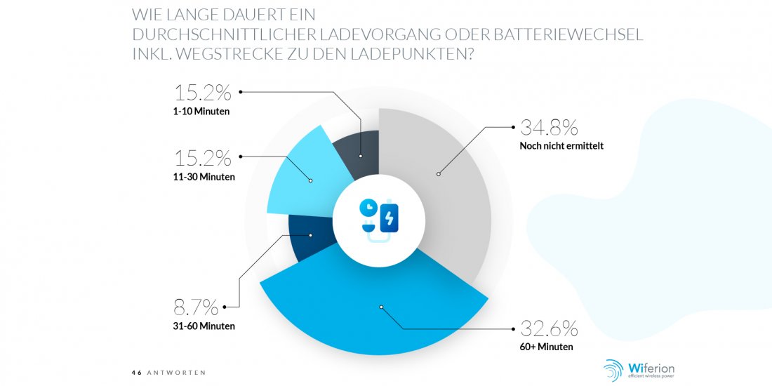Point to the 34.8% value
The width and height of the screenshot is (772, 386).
[x=549, y=128]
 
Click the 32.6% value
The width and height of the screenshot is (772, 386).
[x=549, y=328]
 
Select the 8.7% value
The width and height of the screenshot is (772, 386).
[x=196, y=308]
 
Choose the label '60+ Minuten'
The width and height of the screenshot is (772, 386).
[x=547, y=347]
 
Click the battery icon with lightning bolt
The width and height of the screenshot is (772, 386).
[x=390, y=216]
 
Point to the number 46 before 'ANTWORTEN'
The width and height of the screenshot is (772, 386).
[x=136, y=373]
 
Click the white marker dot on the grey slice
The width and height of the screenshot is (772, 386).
[x=438, y=174]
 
